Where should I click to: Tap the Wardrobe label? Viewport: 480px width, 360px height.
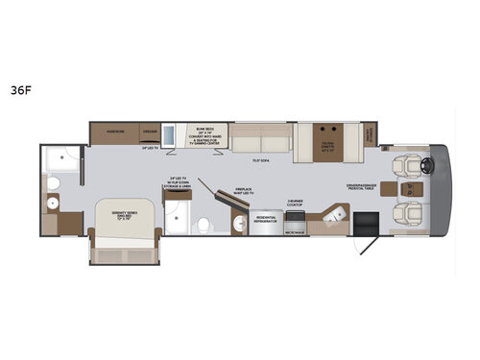[x=113, y=132]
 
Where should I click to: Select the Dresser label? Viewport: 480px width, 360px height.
[x=150, y=132]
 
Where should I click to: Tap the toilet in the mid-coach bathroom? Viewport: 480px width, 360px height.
[x=204, y=225]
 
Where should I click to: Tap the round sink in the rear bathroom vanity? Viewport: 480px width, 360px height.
[x=53, y=204]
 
